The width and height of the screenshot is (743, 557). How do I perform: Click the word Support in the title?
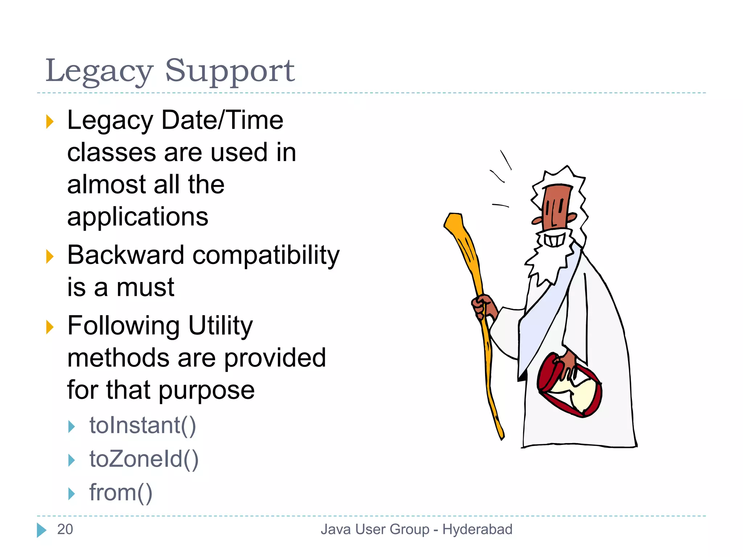(x=230, y=71)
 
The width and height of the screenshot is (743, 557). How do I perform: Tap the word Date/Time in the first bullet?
(x=222, y=120)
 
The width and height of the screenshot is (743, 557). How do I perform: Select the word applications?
(x=138, y=217)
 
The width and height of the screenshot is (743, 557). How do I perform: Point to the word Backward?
(x=126, y=255)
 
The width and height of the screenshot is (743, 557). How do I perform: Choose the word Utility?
(x=220, y=326)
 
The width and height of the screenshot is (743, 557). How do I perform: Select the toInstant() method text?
(x=143, y=425)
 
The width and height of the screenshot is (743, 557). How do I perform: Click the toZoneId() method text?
(x=144, y=459)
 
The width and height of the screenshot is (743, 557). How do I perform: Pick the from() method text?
(x=121, y=493)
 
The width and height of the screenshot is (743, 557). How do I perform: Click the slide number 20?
(x=65, y=529)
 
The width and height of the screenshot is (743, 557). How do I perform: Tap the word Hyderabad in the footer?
(x=477, y=529)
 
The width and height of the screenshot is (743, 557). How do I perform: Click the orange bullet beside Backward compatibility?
(x=50, y=257)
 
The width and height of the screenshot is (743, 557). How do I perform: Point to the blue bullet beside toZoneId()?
(x=71, y=460)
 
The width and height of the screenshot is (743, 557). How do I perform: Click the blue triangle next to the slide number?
(x=41, y=530)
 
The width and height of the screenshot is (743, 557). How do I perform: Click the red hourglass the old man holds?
(x=570, y=386)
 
